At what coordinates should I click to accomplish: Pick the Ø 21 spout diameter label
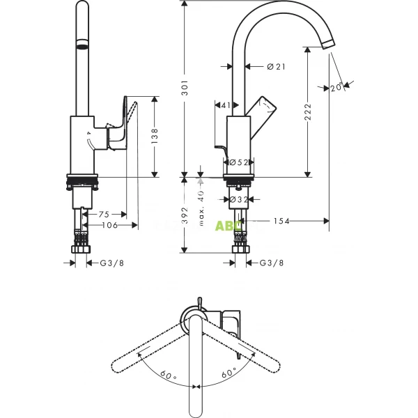pyautogui.click(x=277, y=66)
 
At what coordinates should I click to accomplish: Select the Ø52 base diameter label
pyautogui.click(x=239, y=162)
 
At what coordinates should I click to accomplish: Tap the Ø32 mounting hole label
pyautogui.click(x=239, y=200)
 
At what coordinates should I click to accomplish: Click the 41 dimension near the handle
pyautogui.click(x=224, y=105)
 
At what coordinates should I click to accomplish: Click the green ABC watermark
pyautogui.click(x=229, y=225)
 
